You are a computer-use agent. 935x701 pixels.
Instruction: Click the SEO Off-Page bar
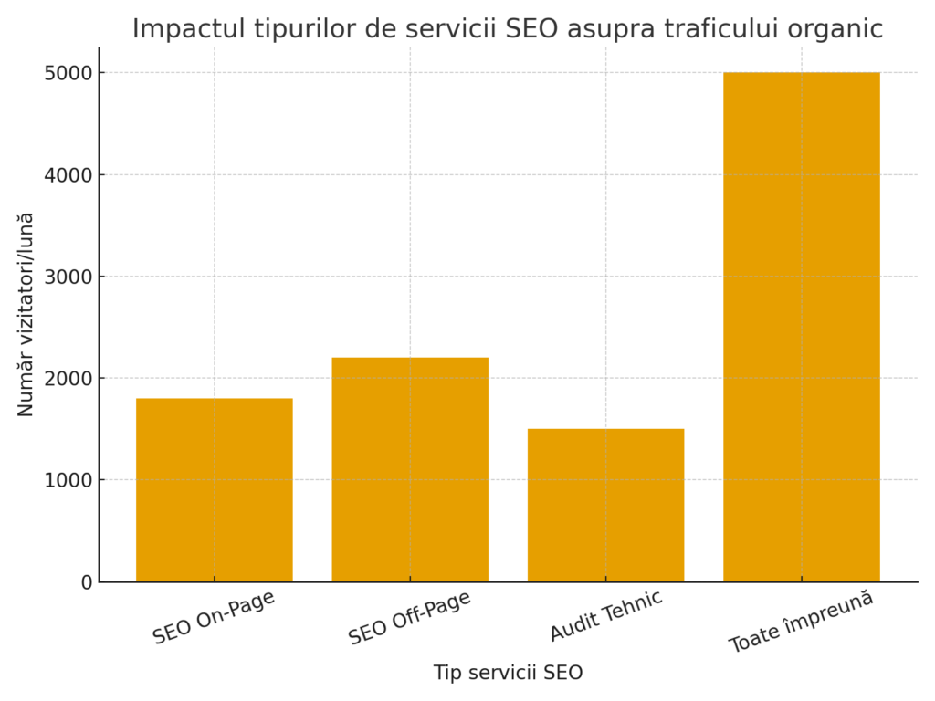click(x=410, y=469)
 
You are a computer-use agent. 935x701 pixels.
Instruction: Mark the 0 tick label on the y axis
click(x=87, y=582)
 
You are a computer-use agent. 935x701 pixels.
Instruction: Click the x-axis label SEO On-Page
click(x=215, y=618)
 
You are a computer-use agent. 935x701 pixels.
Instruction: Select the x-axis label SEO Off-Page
click(x=410, y=618)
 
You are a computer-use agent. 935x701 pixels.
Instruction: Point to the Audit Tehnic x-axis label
click(x=605, y=616)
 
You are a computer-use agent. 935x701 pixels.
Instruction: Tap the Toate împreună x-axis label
click(x=802, y=622)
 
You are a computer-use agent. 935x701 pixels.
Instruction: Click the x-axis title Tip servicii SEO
click(x=508, y=674)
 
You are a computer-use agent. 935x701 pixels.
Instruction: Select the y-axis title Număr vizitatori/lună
click(x=26, y=314)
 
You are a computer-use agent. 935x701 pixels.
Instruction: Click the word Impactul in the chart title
click(x=182, y=29)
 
